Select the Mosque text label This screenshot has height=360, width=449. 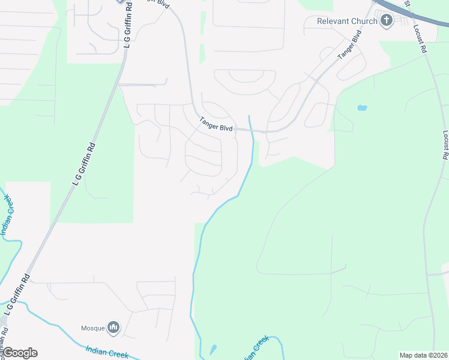[92, 328]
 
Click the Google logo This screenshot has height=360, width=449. [20, 353]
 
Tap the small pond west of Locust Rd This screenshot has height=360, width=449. [361, 108]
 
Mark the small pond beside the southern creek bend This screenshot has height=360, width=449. [213, 349]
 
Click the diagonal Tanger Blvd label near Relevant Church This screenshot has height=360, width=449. [350, 44]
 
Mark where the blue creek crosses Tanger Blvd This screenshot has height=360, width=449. [252, 130]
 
